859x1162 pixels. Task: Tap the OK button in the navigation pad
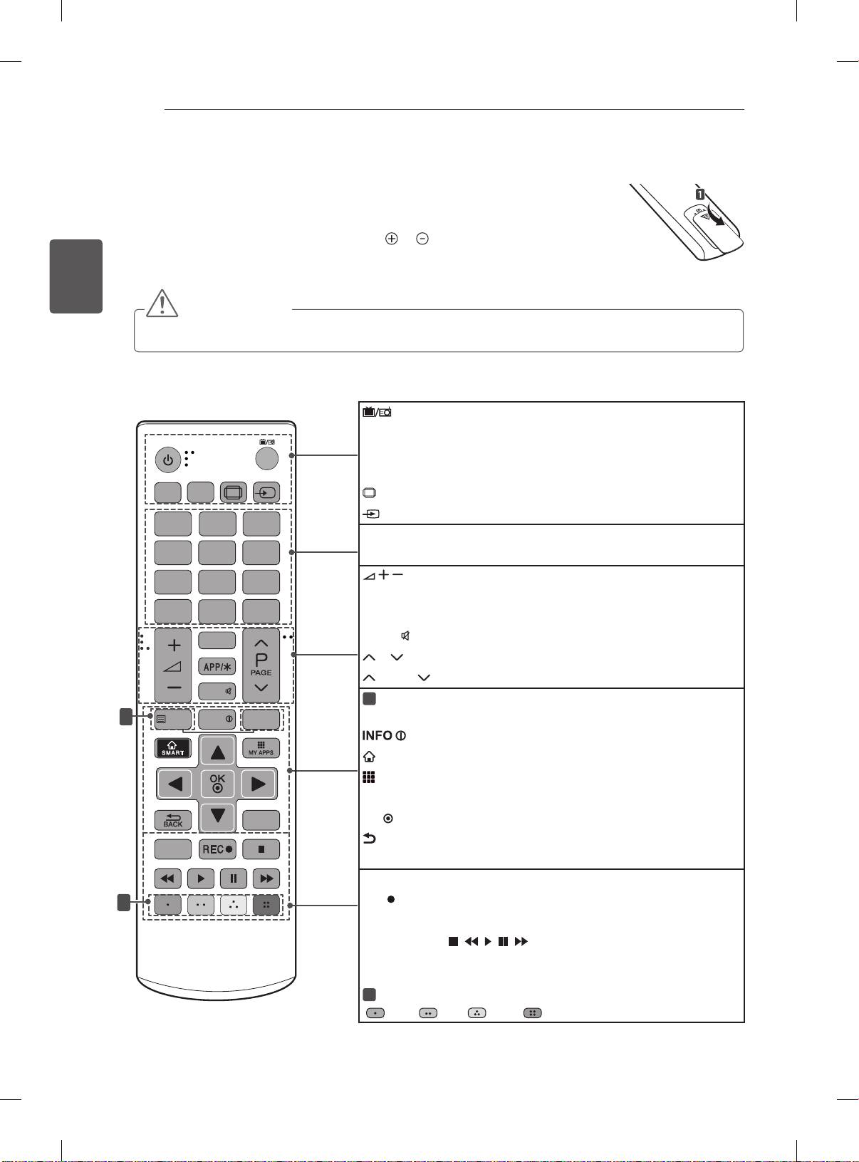[x=217, y=784]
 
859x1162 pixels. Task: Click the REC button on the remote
[x=217, y=849]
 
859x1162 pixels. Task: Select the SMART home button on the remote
[x=174, y=748]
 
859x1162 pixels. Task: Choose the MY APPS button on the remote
[x=261, y=748]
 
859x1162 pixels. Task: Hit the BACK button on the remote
[x=174, y=820]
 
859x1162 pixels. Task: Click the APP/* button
[x=217, y=668]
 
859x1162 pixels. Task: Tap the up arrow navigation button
[x=217, y=750]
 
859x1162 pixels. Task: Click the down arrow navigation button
[x=217, y=815]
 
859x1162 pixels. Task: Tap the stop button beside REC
[x=261, y=849]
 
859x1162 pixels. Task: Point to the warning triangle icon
[x=163, y=303]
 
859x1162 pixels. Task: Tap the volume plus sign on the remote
[x=174, y=646]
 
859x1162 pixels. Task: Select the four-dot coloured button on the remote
[x=266, y=905]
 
